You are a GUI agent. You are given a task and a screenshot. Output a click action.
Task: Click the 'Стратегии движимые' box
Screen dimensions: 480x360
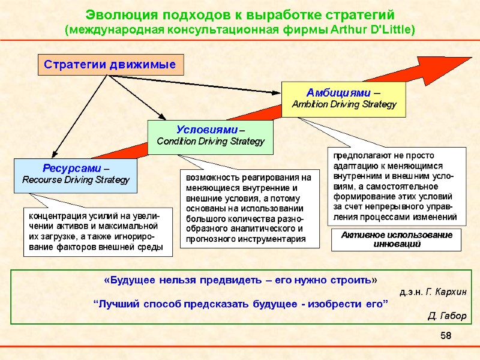tap(110, 64)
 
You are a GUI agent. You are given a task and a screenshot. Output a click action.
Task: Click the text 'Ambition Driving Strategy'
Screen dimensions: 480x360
tap(344, 104)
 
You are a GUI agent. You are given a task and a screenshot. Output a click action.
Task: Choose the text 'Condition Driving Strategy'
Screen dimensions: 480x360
tap(210, 142)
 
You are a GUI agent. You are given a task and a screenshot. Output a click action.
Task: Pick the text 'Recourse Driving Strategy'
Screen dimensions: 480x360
tap(76, 179)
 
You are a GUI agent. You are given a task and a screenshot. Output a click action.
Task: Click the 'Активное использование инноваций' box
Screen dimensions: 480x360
tap(397, 239)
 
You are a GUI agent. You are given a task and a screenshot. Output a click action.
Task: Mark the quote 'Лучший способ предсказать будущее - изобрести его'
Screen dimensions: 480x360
tap(241, 304)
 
